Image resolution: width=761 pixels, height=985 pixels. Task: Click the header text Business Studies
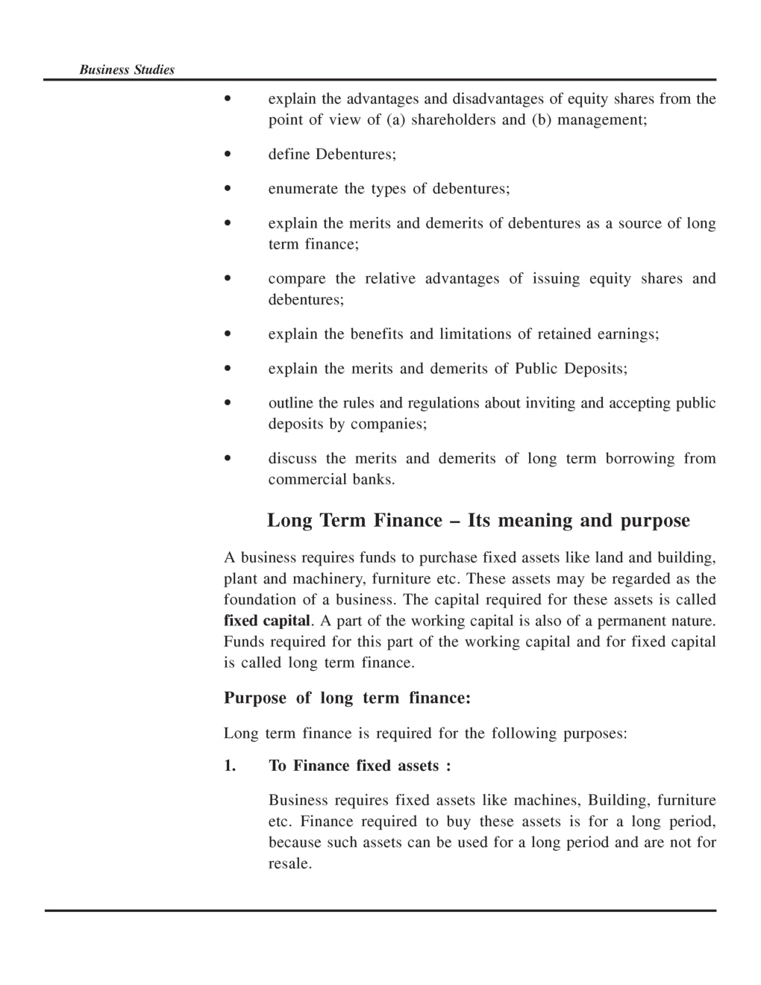pyautogui.click(x=127, y=70)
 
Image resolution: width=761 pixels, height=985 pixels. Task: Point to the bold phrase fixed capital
pyautogui.click(x=266, y=621)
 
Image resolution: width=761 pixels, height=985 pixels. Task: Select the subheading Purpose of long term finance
pyautogui.click(x=347, y=698)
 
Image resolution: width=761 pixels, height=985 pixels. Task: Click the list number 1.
pyautogui.click(x=229, y=766)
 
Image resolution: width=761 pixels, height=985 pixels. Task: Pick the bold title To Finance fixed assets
pyautogui.click(x=359, y=766)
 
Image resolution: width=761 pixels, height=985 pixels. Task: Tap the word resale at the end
pyautogui.click(x=289, y=864)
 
